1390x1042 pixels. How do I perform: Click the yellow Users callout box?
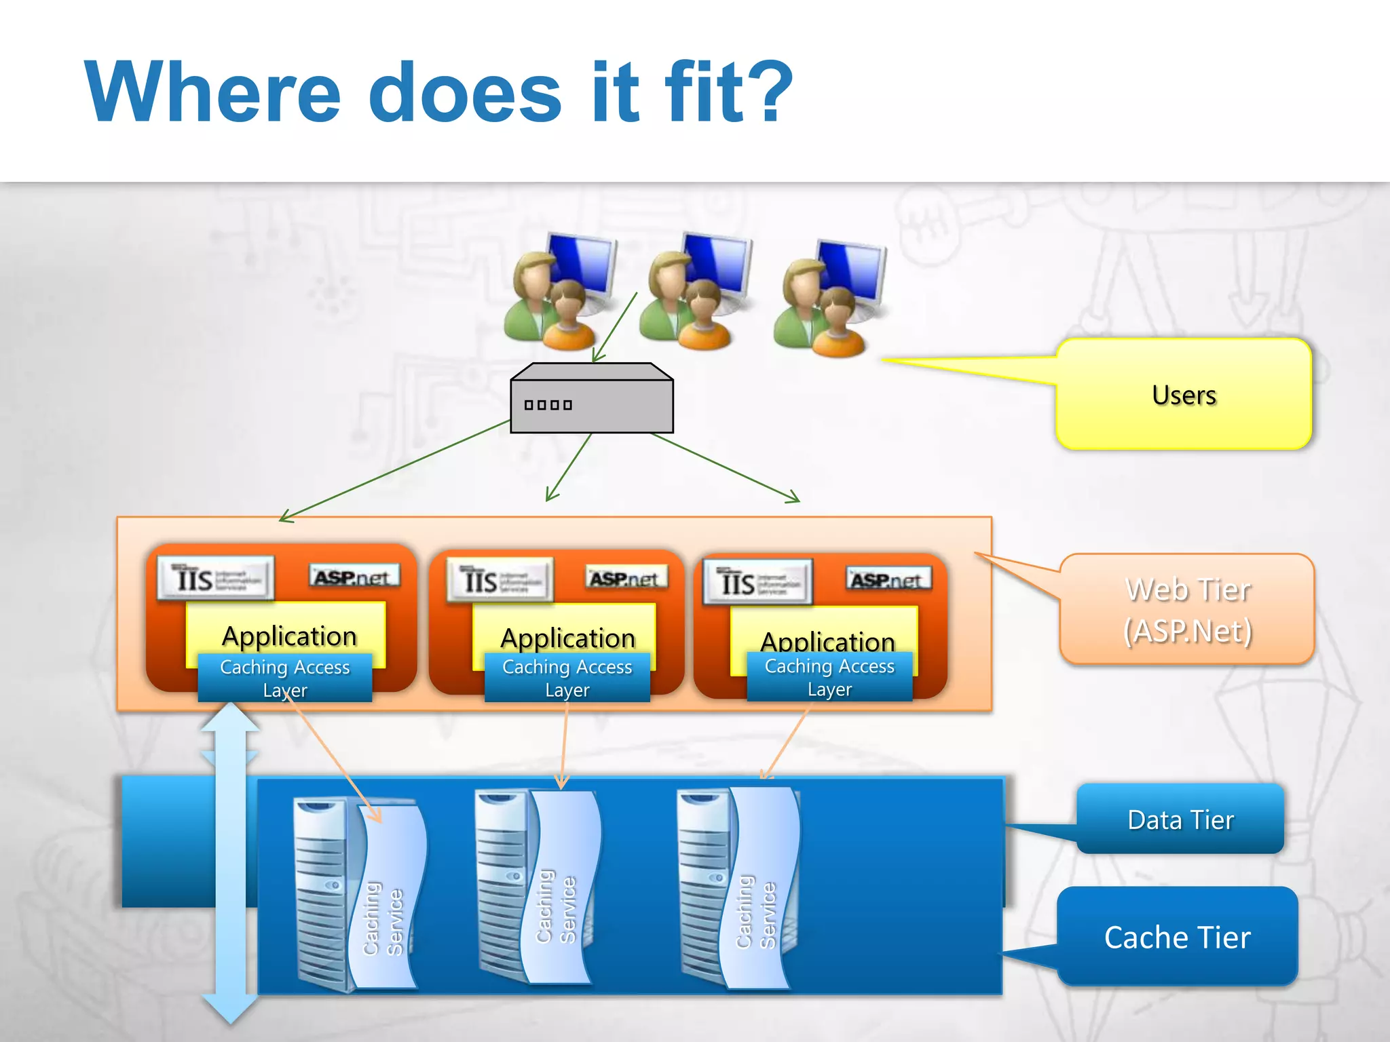click(1184, 394)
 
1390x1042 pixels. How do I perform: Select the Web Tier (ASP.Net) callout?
click(1187, 609)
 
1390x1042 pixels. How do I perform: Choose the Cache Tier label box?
click(1177, 937)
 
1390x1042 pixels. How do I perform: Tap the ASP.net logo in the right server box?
click(888, 580)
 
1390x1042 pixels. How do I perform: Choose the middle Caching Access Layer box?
click(567, 677)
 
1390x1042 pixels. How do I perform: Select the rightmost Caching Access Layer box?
click(829, 676)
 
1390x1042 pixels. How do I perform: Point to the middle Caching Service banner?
click(560, 889)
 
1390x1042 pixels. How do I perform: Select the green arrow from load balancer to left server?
click(394, 471)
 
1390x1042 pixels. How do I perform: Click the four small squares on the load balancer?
click(548, 405)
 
